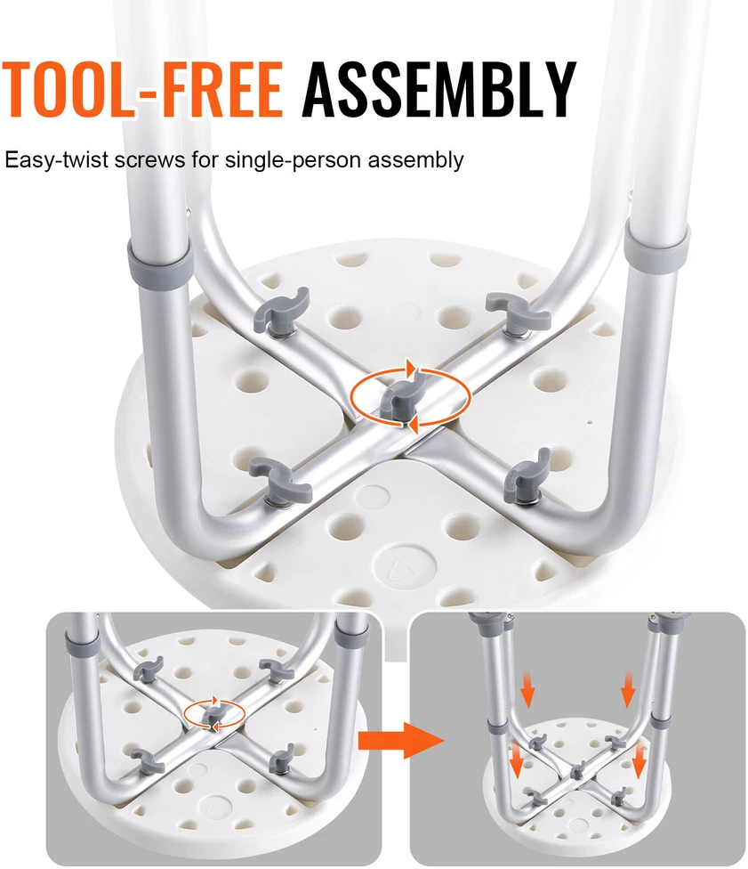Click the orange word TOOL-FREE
point(143,89)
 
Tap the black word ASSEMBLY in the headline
point(439,89)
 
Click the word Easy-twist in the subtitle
point(56,160)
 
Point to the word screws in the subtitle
point(149,160)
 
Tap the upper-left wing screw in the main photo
point(280,311)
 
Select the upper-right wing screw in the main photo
point(517,313)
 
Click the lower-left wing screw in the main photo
point(279,479)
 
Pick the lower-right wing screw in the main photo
point(527,476)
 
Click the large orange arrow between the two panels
point(401,740)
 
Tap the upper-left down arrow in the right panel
point(527,689)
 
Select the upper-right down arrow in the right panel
point(627,688)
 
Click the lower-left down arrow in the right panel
point(517,761)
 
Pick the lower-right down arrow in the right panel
point(639,761)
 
